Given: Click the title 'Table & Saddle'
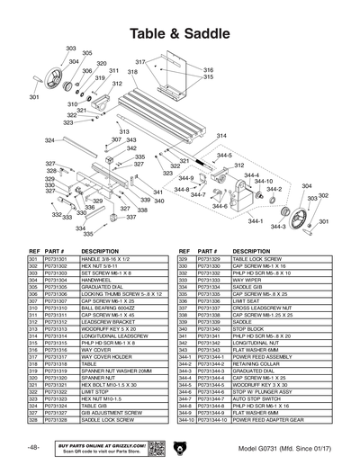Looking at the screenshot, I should point(179,33).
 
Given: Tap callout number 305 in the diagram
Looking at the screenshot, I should point(87,53).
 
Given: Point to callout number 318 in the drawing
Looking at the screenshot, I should point(132,72).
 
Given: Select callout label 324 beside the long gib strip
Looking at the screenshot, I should point(50,141).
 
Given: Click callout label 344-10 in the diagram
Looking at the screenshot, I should point(264,182).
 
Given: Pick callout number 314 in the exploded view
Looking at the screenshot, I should point(221,135).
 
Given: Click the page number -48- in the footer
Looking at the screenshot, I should point(33,447).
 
